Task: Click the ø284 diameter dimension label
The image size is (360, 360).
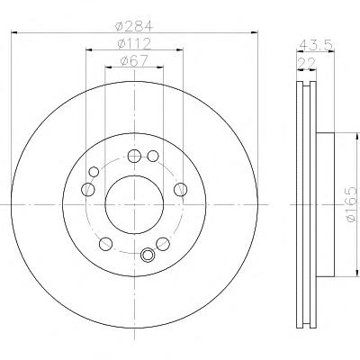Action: [134, 26]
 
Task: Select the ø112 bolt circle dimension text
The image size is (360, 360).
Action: [134, 44]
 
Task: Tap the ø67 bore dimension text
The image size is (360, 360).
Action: [134, 61]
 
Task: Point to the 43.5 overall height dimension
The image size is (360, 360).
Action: [316, 46]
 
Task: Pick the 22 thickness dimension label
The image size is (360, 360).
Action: [307, 64]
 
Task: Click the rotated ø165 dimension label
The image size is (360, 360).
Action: [352, 204]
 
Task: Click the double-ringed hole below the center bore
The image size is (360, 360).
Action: [148, 255]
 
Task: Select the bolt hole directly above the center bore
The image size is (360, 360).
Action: [134, 156]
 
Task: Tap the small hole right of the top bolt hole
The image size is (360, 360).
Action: [153, 156]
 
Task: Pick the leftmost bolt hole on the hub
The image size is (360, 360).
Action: [88, 189]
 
